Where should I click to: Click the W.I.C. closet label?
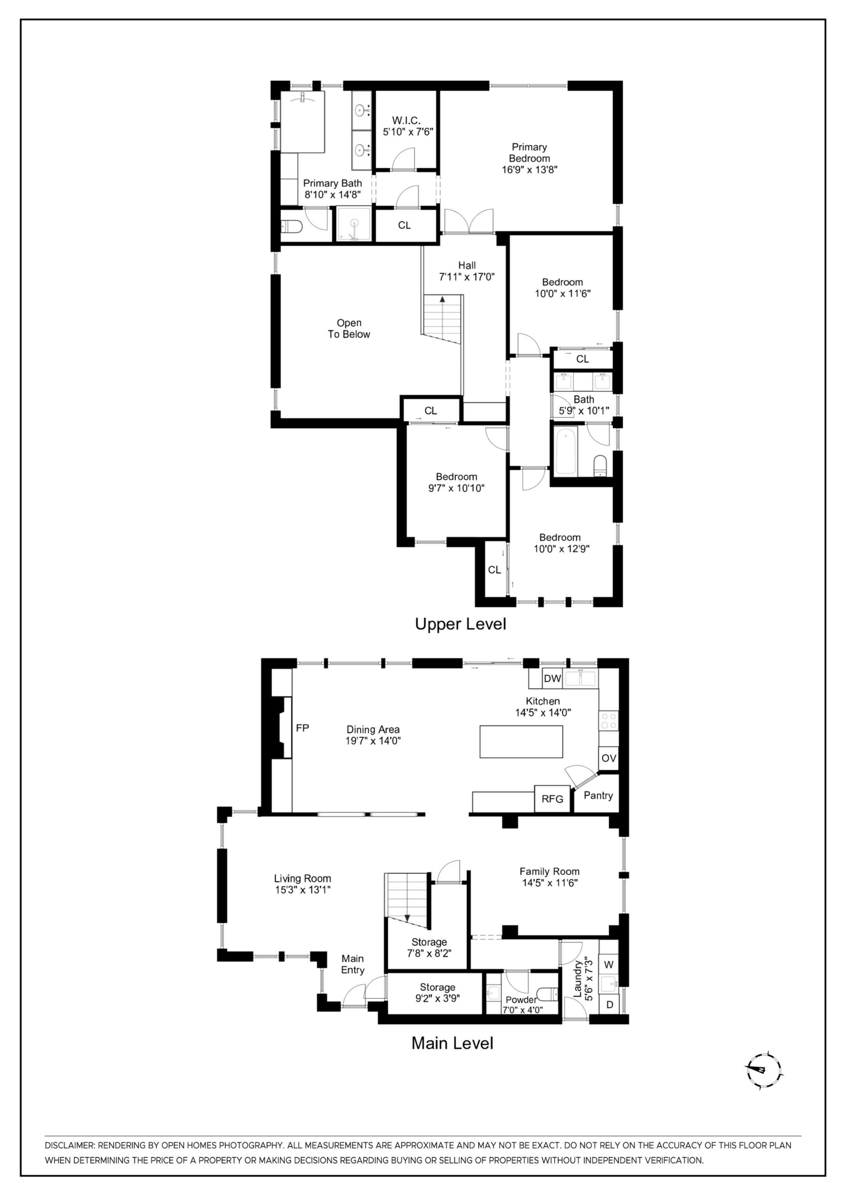pyautogui.click(x=407, y=120)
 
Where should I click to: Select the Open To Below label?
pyautogui.click(x=349, y=329)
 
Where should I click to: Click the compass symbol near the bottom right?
pyautogui.click(x=763, y=1070)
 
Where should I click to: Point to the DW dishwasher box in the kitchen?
pyautogui.click(x=552, y=678)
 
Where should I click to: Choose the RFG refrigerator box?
pyautogui.click(x=552, y=799)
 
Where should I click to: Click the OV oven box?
pyautogui.click(x=608, y=758)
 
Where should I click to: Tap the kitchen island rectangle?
pyautogui.click(x=521, y=741)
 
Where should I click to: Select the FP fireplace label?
pyautogui.click(x=302, y=728)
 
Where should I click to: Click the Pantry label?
pyautogui.click(x=598, y=795)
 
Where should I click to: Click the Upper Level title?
pyautogui.click(x=460, y=624)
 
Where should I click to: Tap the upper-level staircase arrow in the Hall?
pyautogui.click(x=442, y=299)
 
